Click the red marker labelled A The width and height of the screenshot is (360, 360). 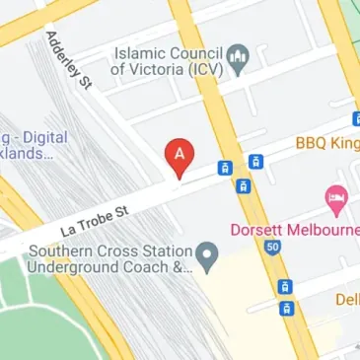point(179,155)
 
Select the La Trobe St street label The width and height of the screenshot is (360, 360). point(94,219)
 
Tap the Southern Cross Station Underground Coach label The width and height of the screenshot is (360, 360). point(108,259)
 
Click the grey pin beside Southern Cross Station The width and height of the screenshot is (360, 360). point(207,257)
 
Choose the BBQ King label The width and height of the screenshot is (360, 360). point(326,144)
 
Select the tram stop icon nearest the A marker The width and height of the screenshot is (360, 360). point(225,168)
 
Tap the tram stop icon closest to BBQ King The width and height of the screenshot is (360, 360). point(255,161)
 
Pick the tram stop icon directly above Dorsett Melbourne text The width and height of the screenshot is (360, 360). point(243,185)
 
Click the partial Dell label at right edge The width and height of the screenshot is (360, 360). point(346,299)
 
